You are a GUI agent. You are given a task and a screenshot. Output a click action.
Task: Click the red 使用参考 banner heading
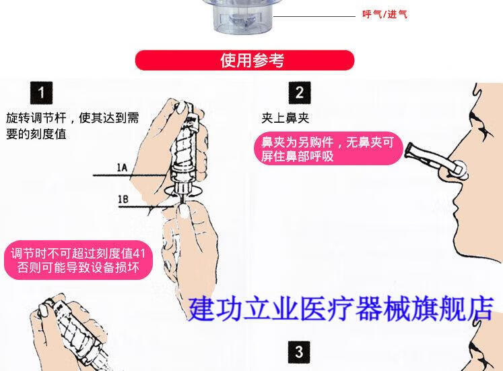(x=244, y=60)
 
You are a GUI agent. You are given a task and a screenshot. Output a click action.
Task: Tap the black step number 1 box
(x=41, y=93)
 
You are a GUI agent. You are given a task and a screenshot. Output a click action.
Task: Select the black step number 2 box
(x=300, y=93)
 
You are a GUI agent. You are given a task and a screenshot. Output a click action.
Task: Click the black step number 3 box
(x=299, y=352)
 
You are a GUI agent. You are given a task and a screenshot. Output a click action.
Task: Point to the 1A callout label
(x=122, y=167)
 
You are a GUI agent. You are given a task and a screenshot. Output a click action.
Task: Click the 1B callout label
(x=123, y=199)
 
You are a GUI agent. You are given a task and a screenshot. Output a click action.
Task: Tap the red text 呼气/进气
(x=385, y=14)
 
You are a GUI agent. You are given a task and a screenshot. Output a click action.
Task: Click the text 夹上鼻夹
(x=286, y=118)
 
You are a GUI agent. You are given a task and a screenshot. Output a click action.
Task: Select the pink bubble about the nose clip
(x=328, y=148)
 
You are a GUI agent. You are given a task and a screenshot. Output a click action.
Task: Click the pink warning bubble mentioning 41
(x=78, y=260)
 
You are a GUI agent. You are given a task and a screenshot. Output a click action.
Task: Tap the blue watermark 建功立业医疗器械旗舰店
(x=341, y=309)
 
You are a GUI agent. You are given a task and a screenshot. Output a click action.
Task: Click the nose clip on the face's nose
(x=436, y=161)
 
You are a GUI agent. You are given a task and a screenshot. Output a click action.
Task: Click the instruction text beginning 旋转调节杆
(x=73, y=125)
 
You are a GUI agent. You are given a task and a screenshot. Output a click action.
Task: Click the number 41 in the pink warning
(x=139, y=254)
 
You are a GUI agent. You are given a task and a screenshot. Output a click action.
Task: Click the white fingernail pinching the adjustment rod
(x=184, y=212)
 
